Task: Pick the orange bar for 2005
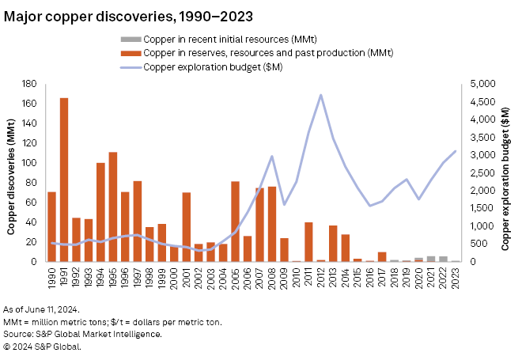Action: pyautogui.click(x=236, y=222)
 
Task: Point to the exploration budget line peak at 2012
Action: pyautogui.click(x=321, y=95)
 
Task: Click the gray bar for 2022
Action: pyautogui.click(x=444, y=259)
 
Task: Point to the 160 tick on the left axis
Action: pyautogui.click(x=31, y=104)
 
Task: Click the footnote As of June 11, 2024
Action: pyautogui.click(x=41, y=309)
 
